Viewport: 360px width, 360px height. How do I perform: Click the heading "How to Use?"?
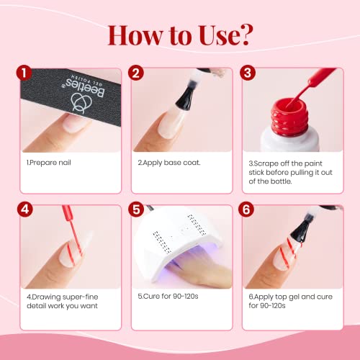[179, 34]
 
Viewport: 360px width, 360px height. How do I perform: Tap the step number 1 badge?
[24, 73]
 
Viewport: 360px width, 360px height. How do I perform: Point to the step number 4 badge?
[24, 211]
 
